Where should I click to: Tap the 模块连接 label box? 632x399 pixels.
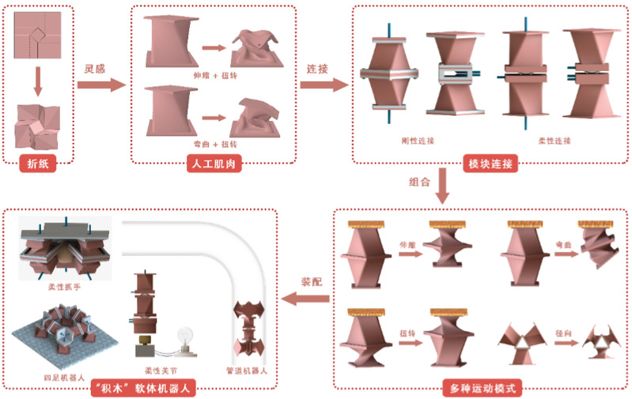click(490, 164)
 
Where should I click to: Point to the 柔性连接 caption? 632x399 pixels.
click(554, 141)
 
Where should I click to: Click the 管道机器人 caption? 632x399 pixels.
click(254, 369)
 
